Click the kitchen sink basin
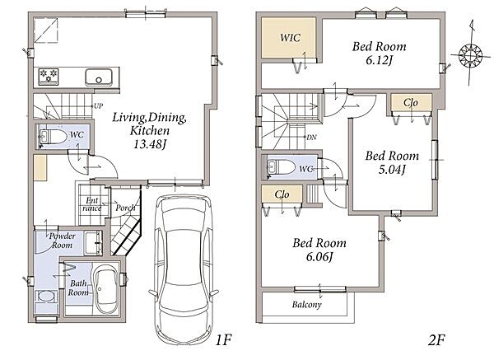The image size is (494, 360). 99,77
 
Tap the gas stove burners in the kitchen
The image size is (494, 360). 49,77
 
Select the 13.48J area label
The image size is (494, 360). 150,144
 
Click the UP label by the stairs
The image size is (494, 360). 98,106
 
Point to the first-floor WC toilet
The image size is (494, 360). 53,137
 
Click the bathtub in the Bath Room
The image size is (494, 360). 106,290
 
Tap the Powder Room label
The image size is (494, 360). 62,241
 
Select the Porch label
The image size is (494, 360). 125,208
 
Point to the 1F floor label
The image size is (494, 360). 224,340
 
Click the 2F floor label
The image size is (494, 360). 436,340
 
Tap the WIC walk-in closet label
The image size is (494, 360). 290,38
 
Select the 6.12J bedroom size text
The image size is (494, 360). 380,60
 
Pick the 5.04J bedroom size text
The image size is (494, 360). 392,170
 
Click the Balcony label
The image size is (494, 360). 306,304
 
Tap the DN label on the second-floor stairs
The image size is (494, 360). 311,137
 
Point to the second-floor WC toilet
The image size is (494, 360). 281,166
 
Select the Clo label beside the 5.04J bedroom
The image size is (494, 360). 411,102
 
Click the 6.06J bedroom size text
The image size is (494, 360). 319,257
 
